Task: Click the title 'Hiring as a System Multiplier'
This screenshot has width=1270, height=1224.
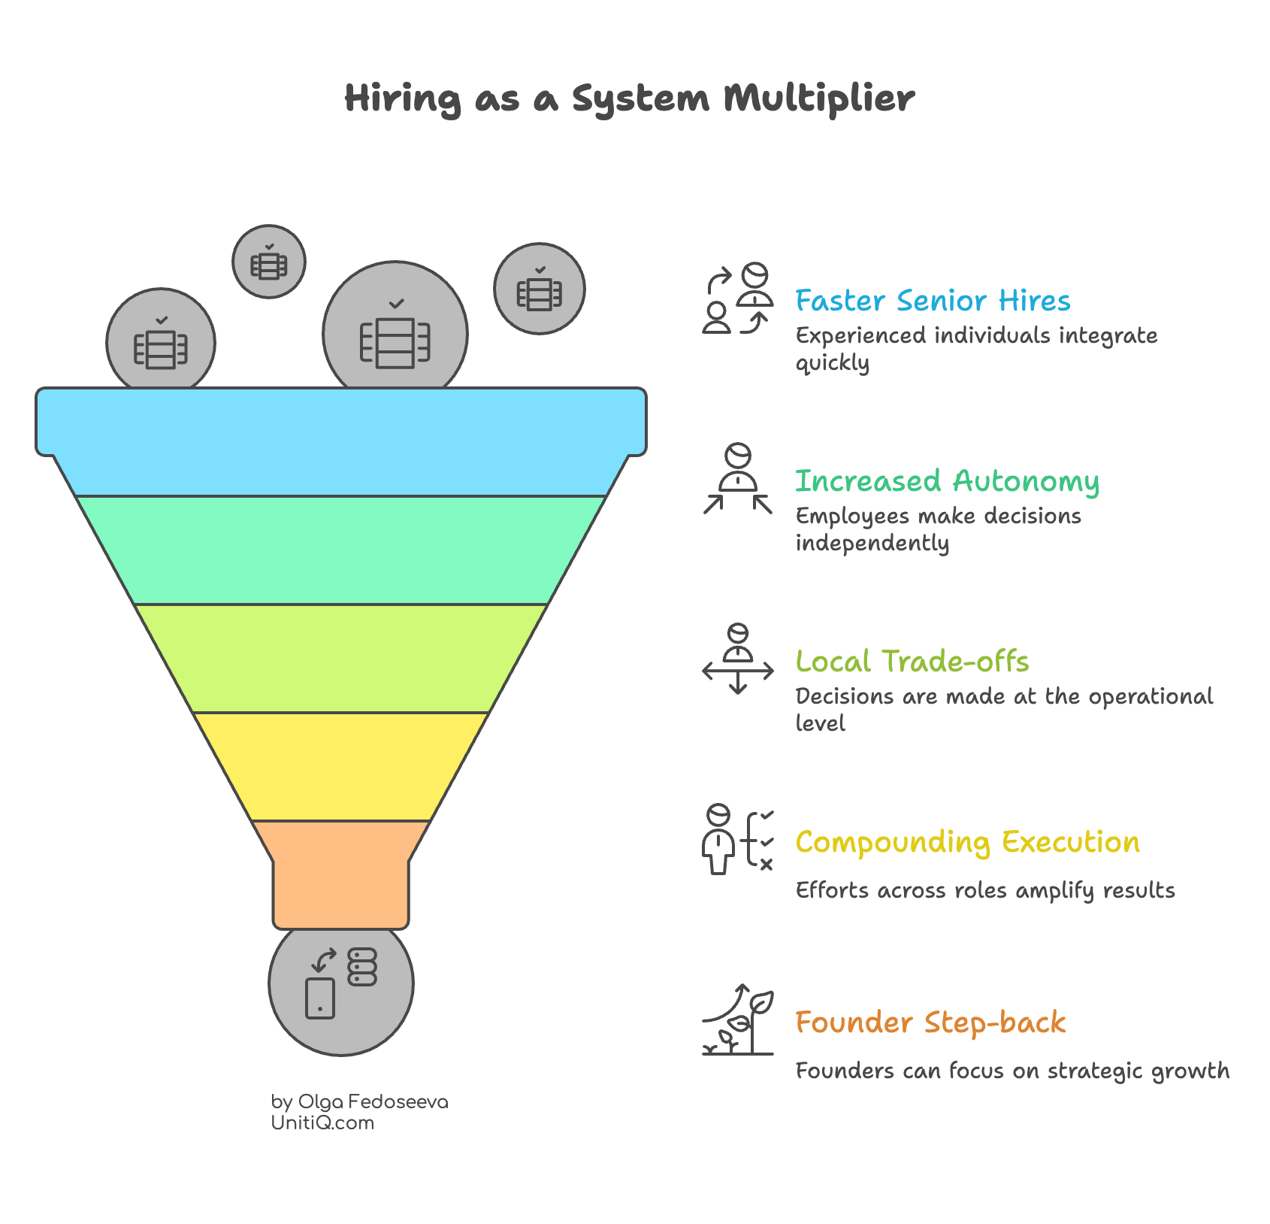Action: click(x=630, y=98)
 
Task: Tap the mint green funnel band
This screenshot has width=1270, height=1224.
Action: click(x=341, y=550)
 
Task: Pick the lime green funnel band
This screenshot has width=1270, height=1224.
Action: click(x=341, y=658)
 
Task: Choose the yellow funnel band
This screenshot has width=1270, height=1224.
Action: click(x=341, y=766)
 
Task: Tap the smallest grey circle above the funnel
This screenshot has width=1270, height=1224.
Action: click(x=269, y=262)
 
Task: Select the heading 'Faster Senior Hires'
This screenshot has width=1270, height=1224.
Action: click(x=933, y=301)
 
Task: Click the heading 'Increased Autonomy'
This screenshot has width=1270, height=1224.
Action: click(x=947, y=481)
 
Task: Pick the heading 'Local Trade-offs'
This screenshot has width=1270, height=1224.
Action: click(x=912, y=662)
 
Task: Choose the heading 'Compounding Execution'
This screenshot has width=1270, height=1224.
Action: click(x=967, y=842)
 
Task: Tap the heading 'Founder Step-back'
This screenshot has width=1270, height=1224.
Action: click(x=930, y=1023)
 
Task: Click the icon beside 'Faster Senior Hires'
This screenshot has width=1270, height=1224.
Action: click(x=738, y=298)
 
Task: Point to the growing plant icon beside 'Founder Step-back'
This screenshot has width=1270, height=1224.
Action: click(x=738, y=1020)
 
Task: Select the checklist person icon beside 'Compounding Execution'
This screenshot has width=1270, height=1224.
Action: click(x=738, y=839)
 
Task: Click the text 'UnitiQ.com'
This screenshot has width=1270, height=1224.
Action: click(x=322, y=1123)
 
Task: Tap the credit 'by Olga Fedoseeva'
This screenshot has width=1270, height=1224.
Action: click(x=359, y=1101)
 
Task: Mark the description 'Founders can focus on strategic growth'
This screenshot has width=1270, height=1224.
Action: click(x=1012, y=1071)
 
